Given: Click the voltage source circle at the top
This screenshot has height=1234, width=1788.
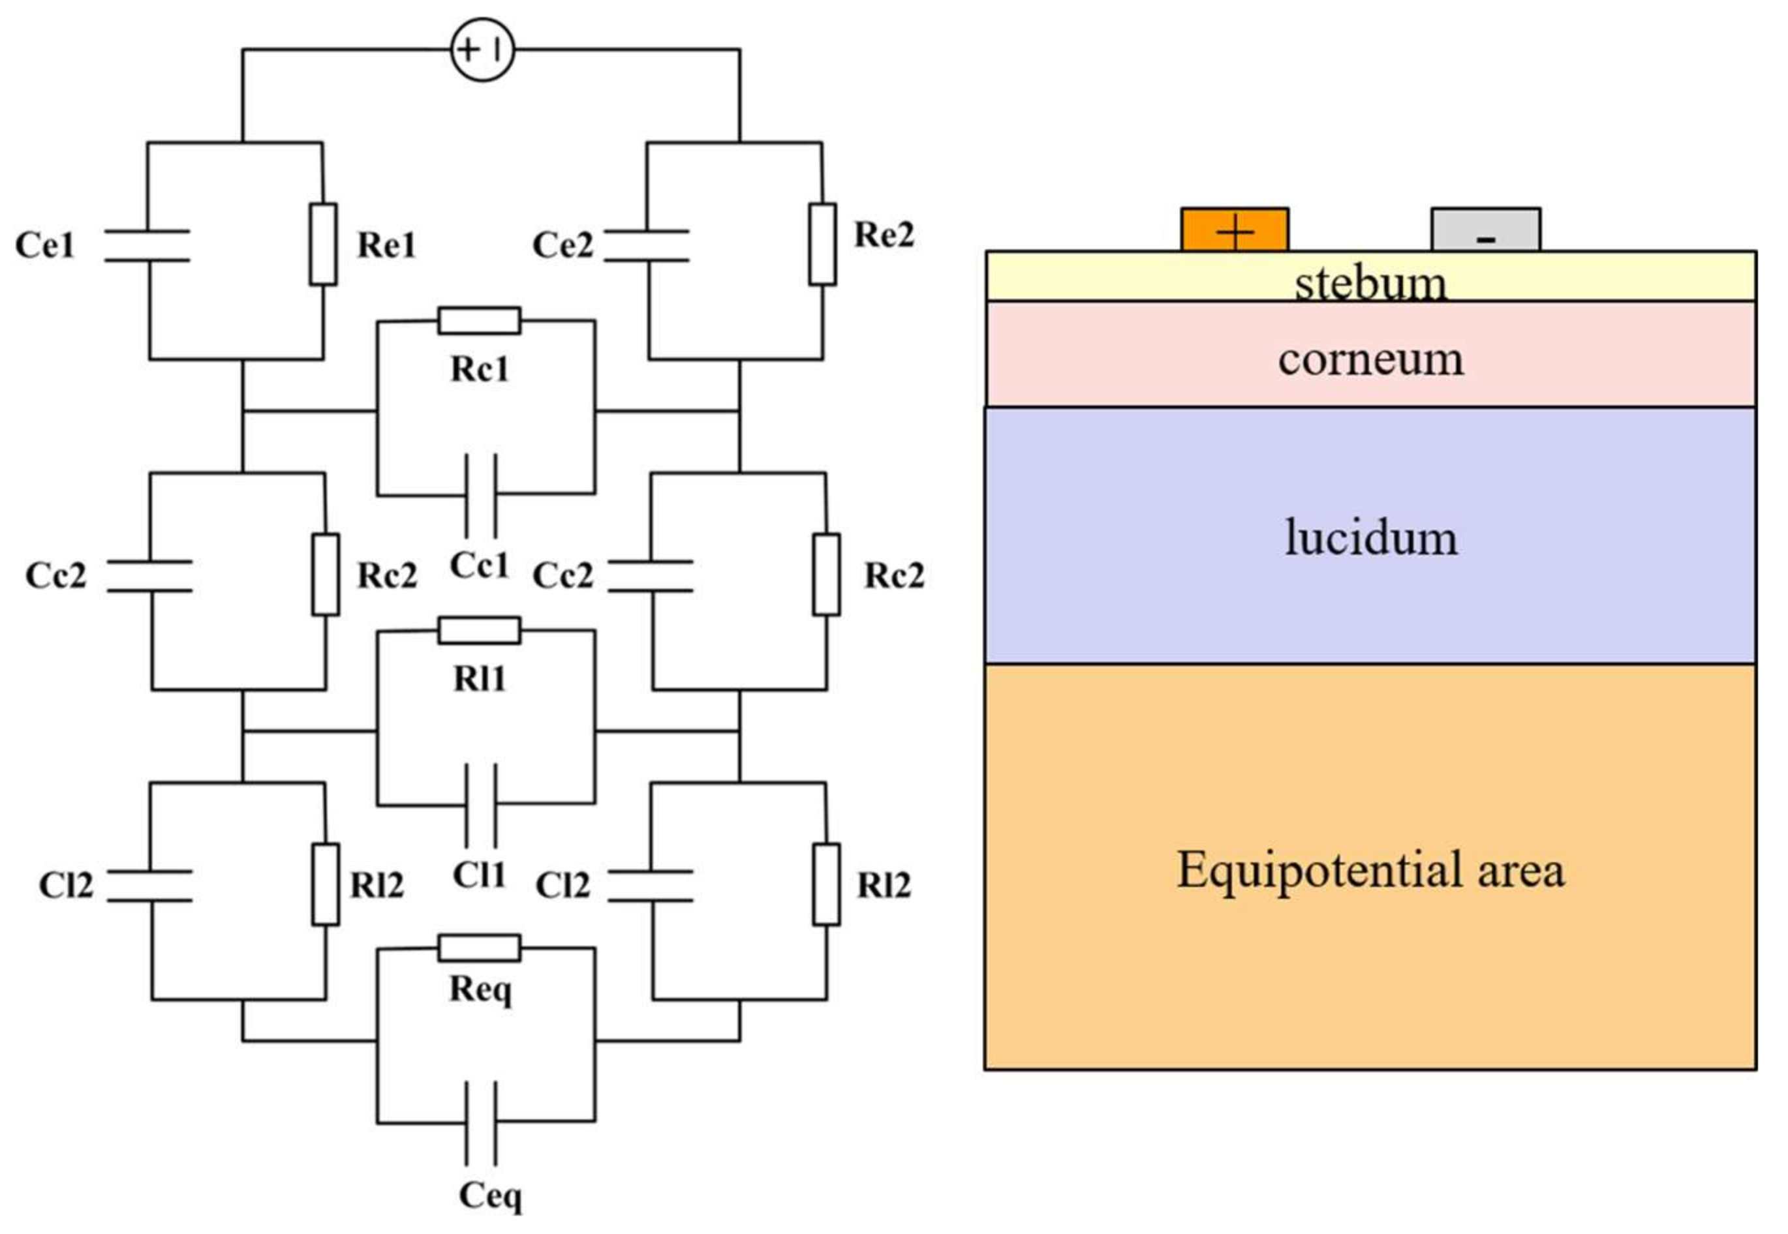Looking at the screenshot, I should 482,50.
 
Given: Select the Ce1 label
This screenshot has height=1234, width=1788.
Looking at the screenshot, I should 45,245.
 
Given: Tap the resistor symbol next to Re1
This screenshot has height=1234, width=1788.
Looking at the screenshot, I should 323,245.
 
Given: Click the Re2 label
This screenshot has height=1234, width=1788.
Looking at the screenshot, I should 883,234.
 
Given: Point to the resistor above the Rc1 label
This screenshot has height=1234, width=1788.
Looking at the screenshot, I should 480,320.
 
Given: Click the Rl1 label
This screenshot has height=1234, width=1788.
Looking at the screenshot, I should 480,679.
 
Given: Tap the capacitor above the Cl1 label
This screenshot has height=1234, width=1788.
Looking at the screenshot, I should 480,804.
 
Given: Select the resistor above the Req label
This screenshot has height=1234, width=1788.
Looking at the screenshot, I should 480,948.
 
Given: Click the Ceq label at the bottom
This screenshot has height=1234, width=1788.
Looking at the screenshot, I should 490,1196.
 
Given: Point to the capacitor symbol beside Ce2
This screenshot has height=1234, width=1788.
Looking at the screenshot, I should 647,245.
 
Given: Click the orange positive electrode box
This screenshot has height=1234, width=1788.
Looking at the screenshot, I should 1234,230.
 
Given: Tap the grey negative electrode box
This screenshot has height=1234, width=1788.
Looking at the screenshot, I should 1485,230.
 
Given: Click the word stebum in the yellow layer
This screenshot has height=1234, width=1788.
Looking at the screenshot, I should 1370,283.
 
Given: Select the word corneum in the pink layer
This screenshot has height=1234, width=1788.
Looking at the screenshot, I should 1370,359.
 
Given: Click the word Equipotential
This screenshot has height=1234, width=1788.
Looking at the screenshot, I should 1319,871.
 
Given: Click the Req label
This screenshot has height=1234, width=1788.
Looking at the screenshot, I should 480,989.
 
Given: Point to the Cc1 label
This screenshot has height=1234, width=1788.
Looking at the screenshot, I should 480,565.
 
